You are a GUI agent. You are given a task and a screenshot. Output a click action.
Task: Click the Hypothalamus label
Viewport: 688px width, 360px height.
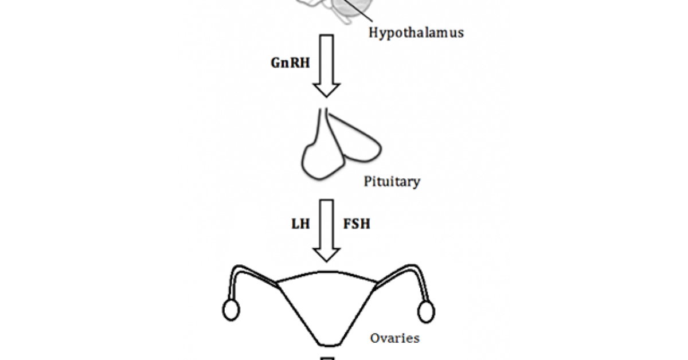coord(415,32)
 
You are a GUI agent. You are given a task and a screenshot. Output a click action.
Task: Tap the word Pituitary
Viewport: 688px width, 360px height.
coord(392,182)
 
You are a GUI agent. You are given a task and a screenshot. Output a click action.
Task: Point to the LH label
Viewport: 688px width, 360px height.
coord(300,224)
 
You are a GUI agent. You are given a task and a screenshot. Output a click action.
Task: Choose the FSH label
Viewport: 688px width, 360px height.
coord(356,224)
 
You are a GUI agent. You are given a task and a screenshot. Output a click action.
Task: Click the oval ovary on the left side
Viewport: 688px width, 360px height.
coord(230,311)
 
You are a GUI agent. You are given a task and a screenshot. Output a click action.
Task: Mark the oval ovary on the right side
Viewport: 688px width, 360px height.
coord(426,311)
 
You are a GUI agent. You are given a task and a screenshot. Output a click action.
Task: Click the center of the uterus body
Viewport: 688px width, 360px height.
coord(327,304)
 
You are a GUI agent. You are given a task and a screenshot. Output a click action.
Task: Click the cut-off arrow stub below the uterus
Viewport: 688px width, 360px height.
coord(327,358)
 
